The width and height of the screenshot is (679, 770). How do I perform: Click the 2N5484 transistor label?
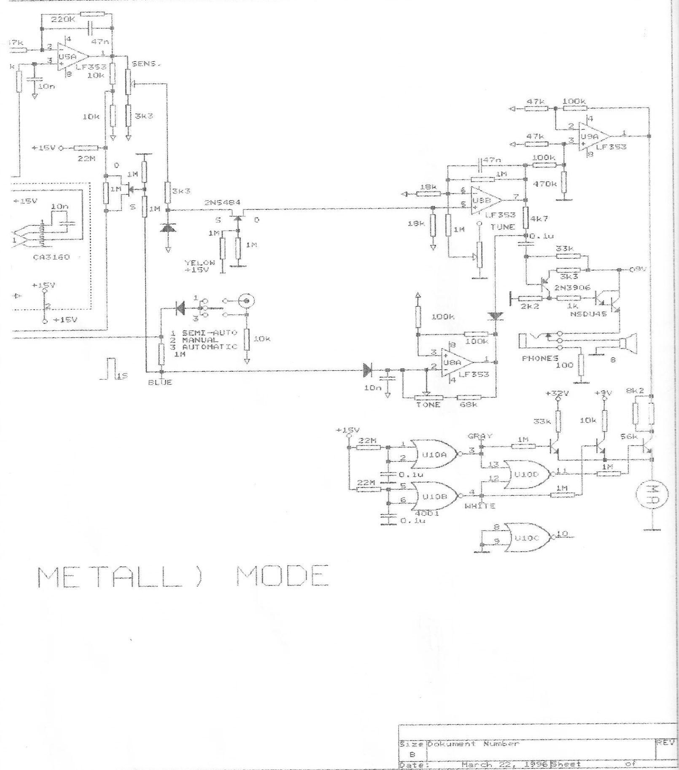(x=223, y=202)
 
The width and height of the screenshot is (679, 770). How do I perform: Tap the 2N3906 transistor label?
(x=571, y=288)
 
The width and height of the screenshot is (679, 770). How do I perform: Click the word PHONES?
(x=540, y=358)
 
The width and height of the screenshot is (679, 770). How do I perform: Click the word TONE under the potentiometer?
(x=428, y=405)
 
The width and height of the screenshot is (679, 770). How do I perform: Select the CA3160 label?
(x=51, y=257)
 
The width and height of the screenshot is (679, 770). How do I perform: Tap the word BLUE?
(x=160, y=383)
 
